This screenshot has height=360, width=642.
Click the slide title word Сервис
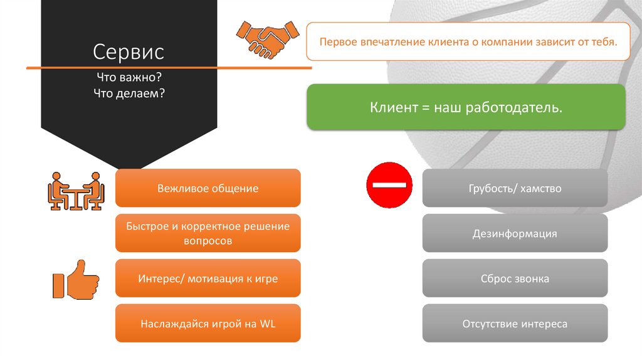[129, 50]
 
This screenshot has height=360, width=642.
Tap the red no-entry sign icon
[389, 185]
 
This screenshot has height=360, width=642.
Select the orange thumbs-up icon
[75, 280]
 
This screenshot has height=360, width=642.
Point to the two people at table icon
[76, 191]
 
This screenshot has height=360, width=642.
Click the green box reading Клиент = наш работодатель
[466, 108]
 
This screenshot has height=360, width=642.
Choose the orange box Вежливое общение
[208, 188]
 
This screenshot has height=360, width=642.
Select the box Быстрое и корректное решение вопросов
[208, 233]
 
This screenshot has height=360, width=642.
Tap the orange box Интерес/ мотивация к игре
[208, 278]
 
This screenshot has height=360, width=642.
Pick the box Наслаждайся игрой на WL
[208, 324]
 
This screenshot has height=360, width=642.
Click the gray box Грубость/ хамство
[515, 188]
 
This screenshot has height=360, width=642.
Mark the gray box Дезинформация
[515, 234]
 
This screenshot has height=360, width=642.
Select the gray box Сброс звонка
[515, 278]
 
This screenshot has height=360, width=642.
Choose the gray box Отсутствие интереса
[515, 324]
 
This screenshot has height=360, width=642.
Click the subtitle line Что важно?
[129, 78]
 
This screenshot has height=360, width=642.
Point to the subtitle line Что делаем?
[129, 93]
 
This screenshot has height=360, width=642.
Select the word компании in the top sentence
[503, 42]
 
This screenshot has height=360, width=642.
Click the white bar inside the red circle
[389, 185]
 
